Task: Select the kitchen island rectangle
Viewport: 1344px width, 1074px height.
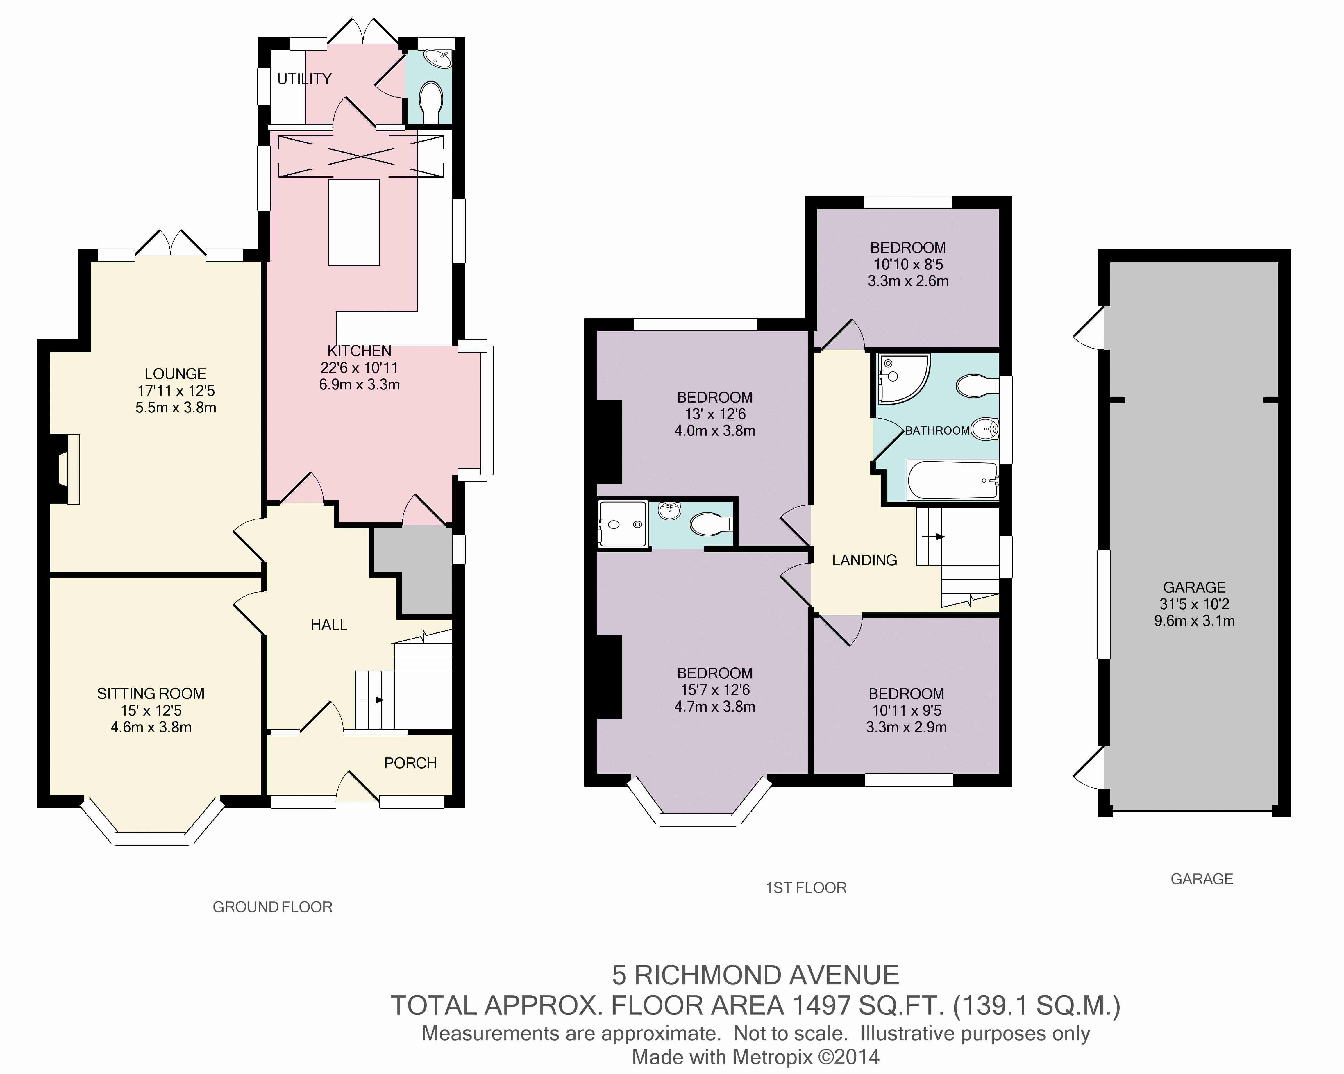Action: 354,223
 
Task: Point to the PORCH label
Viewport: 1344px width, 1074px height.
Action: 410,763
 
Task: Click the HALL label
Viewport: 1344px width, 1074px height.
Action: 328,625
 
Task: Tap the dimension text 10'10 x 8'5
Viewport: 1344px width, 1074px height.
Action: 908,264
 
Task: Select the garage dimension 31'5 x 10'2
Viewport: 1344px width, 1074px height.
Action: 1194,604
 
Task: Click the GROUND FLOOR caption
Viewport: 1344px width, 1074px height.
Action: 272,907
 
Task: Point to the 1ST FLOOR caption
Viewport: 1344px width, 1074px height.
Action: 806,888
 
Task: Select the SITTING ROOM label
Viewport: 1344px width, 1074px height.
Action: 151,694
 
